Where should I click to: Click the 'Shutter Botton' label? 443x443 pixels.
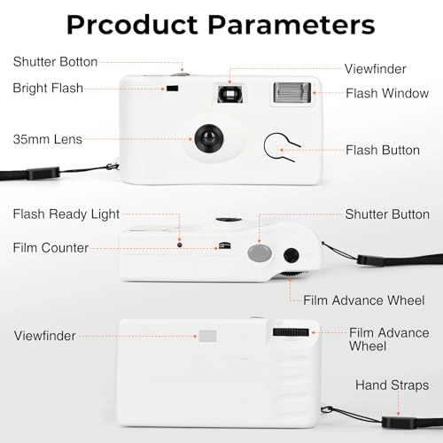tap(55, 62)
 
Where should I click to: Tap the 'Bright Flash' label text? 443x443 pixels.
tap(48, 88)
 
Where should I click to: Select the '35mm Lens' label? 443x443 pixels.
tap(48, 139)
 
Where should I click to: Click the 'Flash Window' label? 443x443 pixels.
tap(387, 93)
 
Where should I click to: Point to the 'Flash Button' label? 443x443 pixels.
tap(383, 150)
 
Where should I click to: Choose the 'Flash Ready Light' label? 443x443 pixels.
tap(66, 214)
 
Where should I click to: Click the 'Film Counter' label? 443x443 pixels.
tap(51, 248)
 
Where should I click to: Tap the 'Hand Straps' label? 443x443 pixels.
tap(392, 385)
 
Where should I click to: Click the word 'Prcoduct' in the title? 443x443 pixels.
tap(132, 25)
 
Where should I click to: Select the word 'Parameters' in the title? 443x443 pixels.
tap(291, 25)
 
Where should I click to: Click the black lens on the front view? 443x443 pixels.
tap(209, 138)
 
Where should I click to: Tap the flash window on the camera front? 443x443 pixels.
tap(292, 93)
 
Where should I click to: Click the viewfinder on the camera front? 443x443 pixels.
tap(230, 95)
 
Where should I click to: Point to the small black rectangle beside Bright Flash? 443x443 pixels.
tap(173, 88)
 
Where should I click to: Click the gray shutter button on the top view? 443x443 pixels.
tap(260, 253)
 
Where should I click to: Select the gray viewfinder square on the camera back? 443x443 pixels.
tap(207, 336)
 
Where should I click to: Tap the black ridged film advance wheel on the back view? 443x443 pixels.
tap(291, 332)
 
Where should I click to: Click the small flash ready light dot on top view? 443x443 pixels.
tap(180, 245)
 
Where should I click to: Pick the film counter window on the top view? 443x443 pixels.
tap(225, 245)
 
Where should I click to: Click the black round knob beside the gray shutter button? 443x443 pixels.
tap(291, 255)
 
